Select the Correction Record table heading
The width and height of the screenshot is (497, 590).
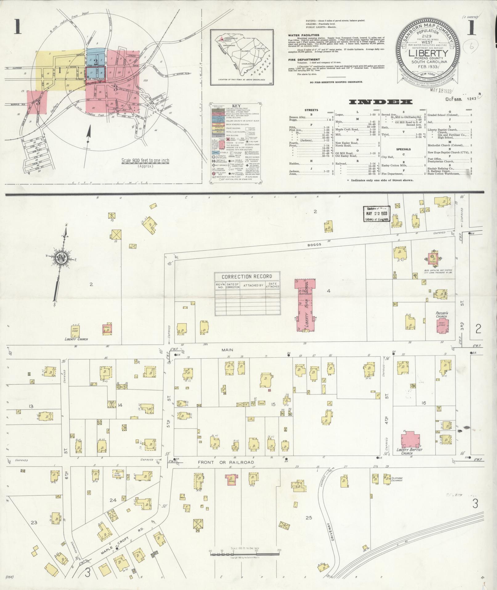(x=247, y=276)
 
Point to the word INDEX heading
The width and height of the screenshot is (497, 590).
(x=381, y=101)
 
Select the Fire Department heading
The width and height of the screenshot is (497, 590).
(x=300, y=60)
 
